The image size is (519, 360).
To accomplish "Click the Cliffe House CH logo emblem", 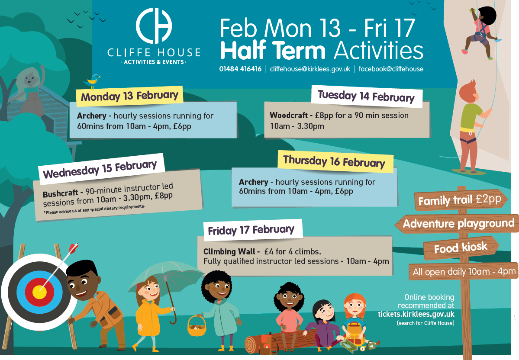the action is point(154,26).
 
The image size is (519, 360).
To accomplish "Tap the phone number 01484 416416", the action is point(240,69).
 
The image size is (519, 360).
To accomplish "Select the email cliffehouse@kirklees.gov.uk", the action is point(310,69).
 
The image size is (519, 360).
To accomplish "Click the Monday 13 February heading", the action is point(129,96).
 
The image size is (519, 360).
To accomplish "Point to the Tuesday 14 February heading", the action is point(366,96).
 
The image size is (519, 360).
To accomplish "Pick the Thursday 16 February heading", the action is point(334,161).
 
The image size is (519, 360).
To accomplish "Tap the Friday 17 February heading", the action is point(251,230).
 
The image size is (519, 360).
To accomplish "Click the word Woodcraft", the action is point(289,115).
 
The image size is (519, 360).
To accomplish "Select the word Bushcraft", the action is point(60,193).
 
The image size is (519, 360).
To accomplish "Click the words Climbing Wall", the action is point(229,251).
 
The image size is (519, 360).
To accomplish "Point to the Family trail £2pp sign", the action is point(460,199).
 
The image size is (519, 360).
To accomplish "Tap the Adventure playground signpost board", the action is point(457,224).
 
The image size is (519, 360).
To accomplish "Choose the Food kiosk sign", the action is point(461,247).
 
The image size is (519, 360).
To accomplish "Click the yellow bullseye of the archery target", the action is point(39,292).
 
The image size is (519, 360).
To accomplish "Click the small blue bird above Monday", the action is point(93,80).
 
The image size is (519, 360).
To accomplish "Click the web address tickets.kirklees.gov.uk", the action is point(416,314).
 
